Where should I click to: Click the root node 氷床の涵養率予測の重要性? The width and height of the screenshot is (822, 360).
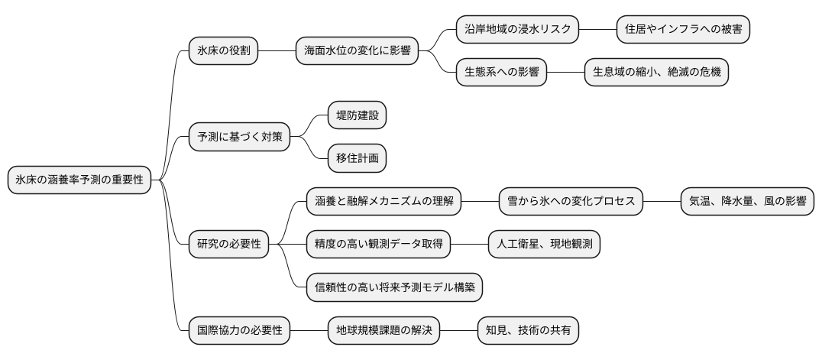79,180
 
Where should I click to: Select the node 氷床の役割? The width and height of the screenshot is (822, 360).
223,51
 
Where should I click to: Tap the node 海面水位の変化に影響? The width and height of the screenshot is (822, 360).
357,51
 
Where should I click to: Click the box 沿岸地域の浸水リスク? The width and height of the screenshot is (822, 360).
517,30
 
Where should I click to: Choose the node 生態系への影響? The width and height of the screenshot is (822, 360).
501,73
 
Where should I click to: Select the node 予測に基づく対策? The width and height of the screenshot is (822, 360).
239,138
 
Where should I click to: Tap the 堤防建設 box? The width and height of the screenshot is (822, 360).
357,115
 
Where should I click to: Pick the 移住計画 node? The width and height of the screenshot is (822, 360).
357,159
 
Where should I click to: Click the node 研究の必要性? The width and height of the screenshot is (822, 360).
228,245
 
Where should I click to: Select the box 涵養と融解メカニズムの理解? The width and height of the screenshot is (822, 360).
383,202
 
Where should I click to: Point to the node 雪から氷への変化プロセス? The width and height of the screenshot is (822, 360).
571,202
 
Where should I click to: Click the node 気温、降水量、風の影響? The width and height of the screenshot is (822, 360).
747,202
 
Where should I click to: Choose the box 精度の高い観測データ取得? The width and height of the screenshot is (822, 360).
378,245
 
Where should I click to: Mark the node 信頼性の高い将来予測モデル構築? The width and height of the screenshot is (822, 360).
394,287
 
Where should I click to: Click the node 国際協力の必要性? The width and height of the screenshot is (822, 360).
239,331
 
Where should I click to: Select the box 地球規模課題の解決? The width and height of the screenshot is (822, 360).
383,331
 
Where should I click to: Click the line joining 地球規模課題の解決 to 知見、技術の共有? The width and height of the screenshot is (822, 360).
458,331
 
